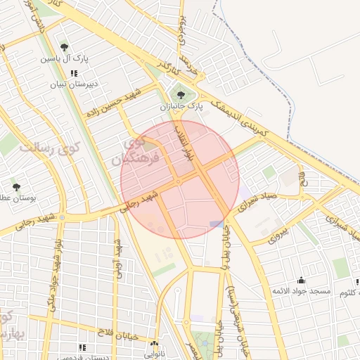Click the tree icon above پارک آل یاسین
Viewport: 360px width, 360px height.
click(x=65, y=47)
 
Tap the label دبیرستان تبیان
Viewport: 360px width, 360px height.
click(x=72, y=84)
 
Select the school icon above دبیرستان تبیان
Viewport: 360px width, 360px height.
click(x=74, y=73)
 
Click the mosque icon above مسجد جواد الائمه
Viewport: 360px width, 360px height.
click(x=301, y=280)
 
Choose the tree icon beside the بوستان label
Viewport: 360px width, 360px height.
click(x=16, y=187)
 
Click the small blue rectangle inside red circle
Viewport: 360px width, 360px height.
click(x=216, y=224)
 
